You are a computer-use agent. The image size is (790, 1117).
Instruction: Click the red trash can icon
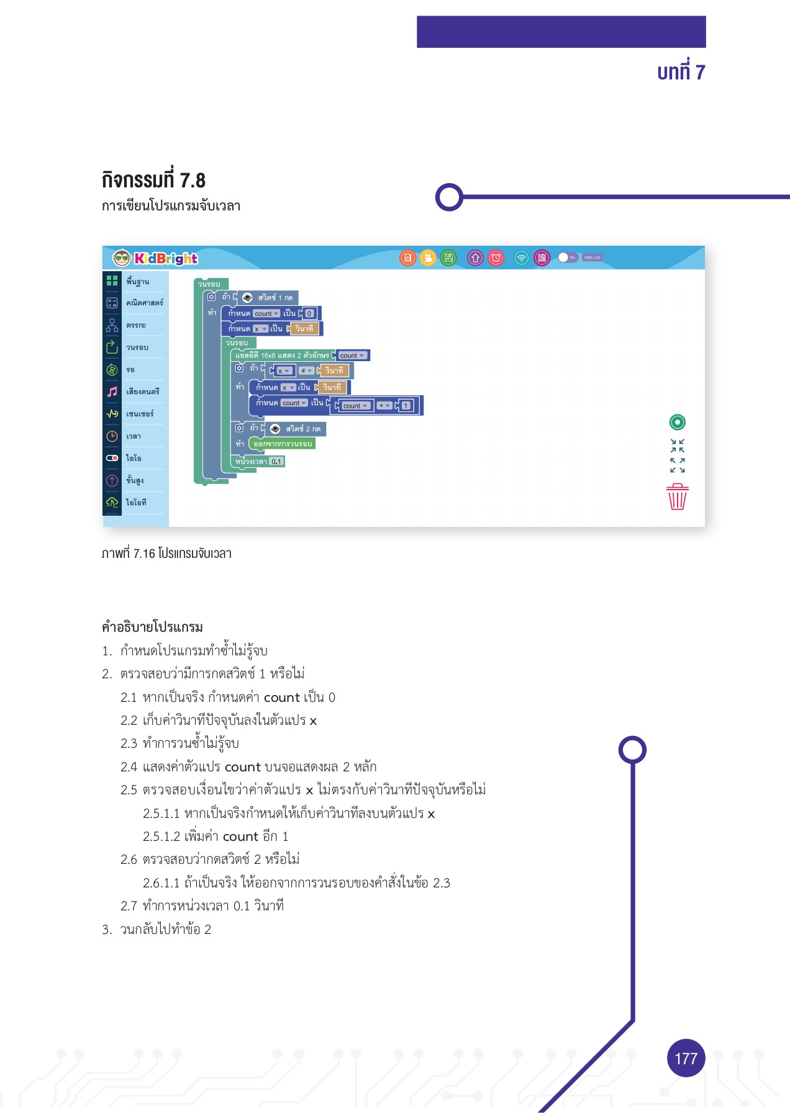(677, 496)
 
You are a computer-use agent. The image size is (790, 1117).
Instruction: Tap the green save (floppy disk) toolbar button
(448, 258)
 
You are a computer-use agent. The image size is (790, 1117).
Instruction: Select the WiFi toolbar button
(522, 258)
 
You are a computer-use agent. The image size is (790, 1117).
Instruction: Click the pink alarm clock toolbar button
(496, 258)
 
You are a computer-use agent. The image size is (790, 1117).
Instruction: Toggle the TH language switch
(566, 258)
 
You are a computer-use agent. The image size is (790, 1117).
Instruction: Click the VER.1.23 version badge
(592, 258)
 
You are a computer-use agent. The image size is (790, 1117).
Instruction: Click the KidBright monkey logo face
(121, 258)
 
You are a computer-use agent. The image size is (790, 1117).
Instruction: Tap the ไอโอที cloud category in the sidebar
(136, 503)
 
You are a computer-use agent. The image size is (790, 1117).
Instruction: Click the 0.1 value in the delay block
(276, 462)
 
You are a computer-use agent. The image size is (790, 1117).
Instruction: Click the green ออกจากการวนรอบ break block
(283, 444)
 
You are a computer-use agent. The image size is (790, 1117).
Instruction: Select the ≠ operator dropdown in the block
(306, 371)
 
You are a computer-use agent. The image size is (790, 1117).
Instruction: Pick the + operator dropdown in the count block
(384, 406)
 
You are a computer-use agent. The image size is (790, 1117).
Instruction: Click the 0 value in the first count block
(309, 313)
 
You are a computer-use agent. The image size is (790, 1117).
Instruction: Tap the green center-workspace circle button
(677, 423)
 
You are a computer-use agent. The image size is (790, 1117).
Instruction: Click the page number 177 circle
(686, 1058)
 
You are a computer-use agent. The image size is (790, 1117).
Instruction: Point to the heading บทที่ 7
(681, 73)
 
